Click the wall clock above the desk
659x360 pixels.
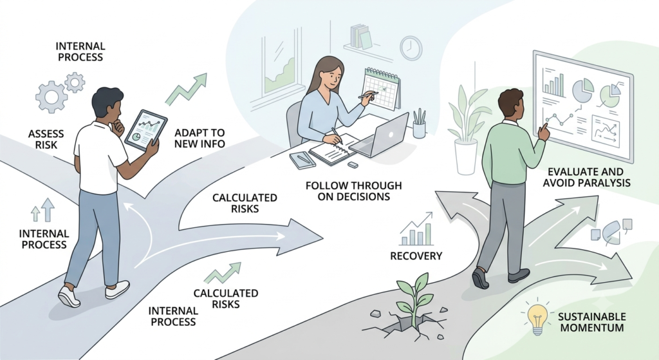pos(411,48)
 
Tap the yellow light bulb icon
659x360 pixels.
pos(537,318)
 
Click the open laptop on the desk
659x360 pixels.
pos(380,136)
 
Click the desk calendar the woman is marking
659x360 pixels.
pos(381,89)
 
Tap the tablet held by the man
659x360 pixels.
pos(146,130)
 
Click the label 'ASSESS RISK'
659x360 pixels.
pos(46,140)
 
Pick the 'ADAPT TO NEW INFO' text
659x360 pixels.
pos(200,138)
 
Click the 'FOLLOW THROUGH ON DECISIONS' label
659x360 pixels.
pos(354,191)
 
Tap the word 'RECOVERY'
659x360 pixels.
pos(416,256)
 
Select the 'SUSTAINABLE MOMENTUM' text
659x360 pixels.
pos(592,322)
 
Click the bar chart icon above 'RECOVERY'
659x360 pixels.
pos(416,229)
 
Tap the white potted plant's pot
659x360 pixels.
pos(466,156)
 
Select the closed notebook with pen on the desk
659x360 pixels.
pos(302,160)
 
